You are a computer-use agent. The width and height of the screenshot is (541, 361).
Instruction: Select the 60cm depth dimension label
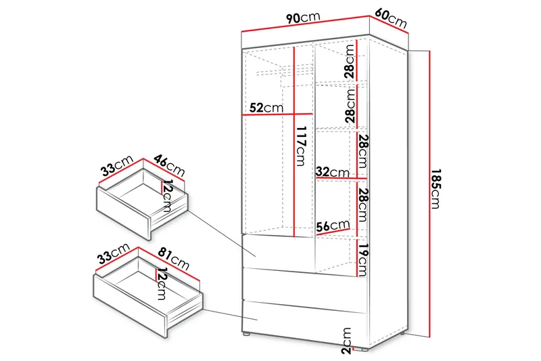pyautogui.click(x=391, y=19)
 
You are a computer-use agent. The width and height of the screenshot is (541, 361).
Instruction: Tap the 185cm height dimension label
pyautogui.click(x=436, y=188)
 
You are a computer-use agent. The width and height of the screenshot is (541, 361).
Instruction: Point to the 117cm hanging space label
pyautogui.click(x=302, y=146)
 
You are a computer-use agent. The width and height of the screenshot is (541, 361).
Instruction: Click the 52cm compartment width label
pyautogui.click(x=266, y=108)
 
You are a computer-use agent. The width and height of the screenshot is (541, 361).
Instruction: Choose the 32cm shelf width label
pyautogui.click(x=333, y=171)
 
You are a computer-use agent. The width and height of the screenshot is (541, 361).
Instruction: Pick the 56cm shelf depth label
pyautogui.click(x=333, y=226)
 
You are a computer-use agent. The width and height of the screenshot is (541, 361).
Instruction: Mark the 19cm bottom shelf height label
pyautogui.click(x=362, y=260)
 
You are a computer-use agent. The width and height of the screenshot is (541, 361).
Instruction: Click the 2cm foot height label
pyautogui.click(x=346, y=341)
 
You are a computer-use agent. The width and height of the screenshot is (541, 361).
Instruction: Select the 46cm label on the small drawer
pyautogui.click(x=170, y=165)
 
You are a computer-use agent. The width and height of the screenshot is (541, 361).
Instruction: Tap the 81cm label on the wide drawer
pyautogui.click(x=174, y=259)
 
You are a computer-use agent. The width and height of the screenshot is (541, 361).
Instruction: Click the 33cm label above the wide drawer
pyautogui.click(x=113, y=253)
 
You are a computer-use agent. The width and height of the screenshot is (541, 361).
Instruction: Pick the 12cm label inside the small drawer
pyautogui.click(x=166, y=196)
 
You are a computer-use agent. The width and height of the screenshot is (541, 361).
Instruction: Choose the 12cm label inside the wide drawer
pyautogui.click(x=162, y=284)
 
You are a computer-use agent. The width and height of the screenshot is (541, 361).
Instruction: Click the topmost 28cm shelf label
pyautogui.click(x=350, y=62)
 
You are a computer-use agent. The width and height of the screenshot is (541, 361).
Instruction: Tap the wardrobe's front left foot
pyautogui.click(x=245, y=335)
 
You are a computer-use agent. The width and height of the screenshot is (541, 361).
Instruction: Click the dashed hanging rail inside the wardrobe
pyautogui.click(x=285, y=72)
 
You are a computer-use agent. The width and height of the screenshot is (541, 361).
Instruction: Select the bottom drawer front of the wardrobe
pyautogui.click(x=304, y=323)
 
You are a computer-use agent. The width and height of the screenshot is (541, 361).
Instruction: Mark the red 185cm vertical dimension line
pyautogui.click(x=429, y=194)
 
